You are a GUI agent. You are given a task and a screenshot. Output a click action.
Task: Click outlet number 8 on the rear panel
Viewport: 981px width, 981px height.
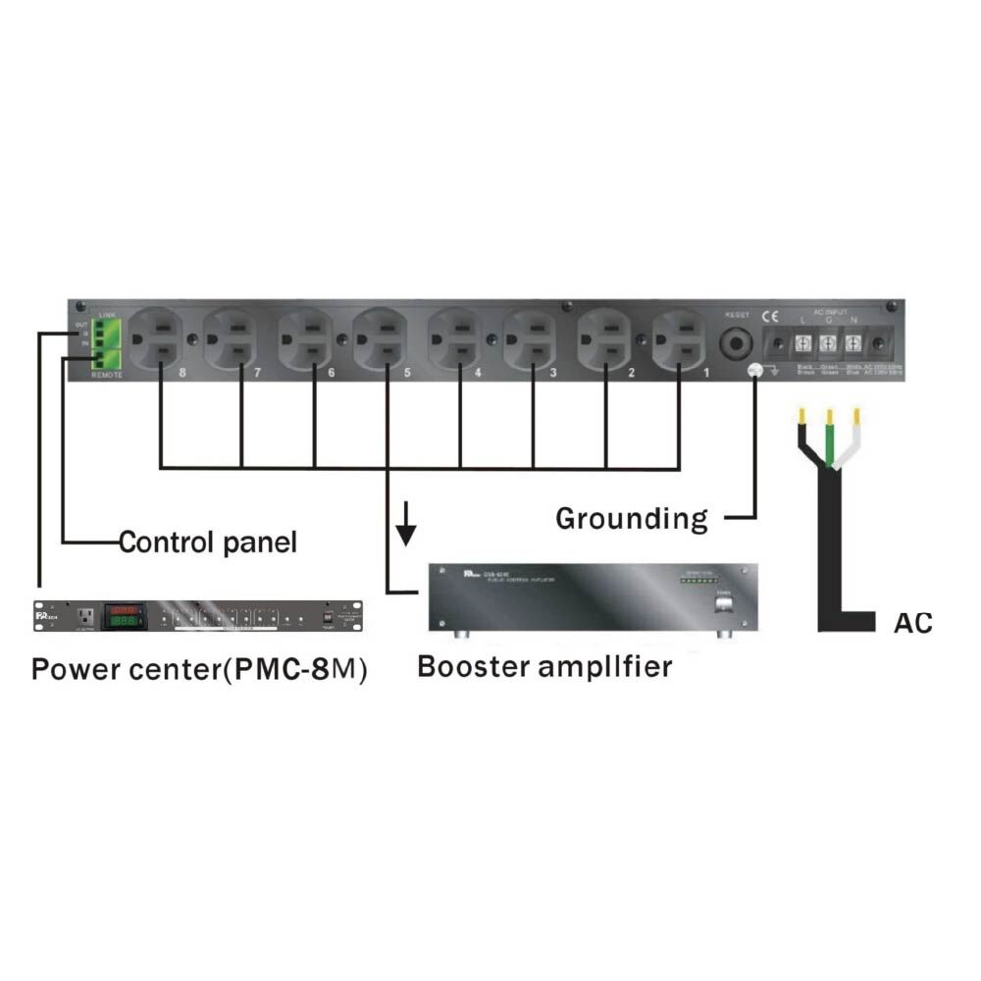[157, 338]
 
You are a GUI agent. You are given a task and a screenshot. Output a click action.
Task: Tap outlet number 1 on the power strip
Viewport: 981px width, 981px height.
[678, 338]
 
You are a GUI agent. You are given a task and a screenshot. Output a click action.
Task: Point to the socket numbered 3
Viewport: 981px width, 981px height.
[529, 338]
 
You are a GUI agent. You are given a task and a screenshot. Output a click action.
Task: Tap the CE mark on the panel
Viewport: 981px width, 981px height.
[769, 316]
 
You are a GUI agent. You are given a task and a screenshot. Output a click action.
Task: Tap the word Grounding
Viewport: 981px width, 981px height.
[631, 518]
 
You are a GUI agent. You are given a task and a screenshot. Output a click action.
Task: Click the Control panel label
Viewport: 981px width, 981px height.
[207, 542]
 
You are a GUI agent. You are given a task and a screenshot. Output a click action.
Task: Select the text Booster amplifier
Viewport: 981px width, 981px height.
[544, 667]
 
